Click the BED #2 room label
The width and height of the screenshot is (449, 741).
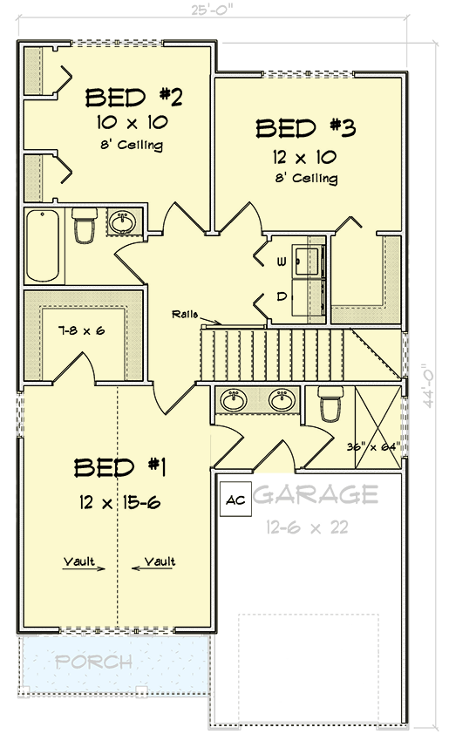(133, 95)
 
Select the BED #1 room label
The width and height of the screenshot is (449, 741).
(119, 467)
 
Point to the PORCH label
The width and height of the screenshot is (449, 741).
(94, 662)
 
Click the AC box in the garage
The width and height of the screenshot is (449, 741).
(234, 500)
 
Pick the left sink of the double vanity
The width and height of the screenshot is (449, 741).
(234, 400)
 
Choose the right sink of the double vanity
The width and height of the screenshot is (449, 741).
(281, 400)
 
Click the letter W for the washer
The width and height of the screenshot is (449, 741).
(282, 261)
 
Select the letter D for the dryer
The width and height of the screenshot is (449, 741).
(282, 296)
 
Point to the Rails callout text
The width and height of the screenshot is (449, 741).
(185, 314)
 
